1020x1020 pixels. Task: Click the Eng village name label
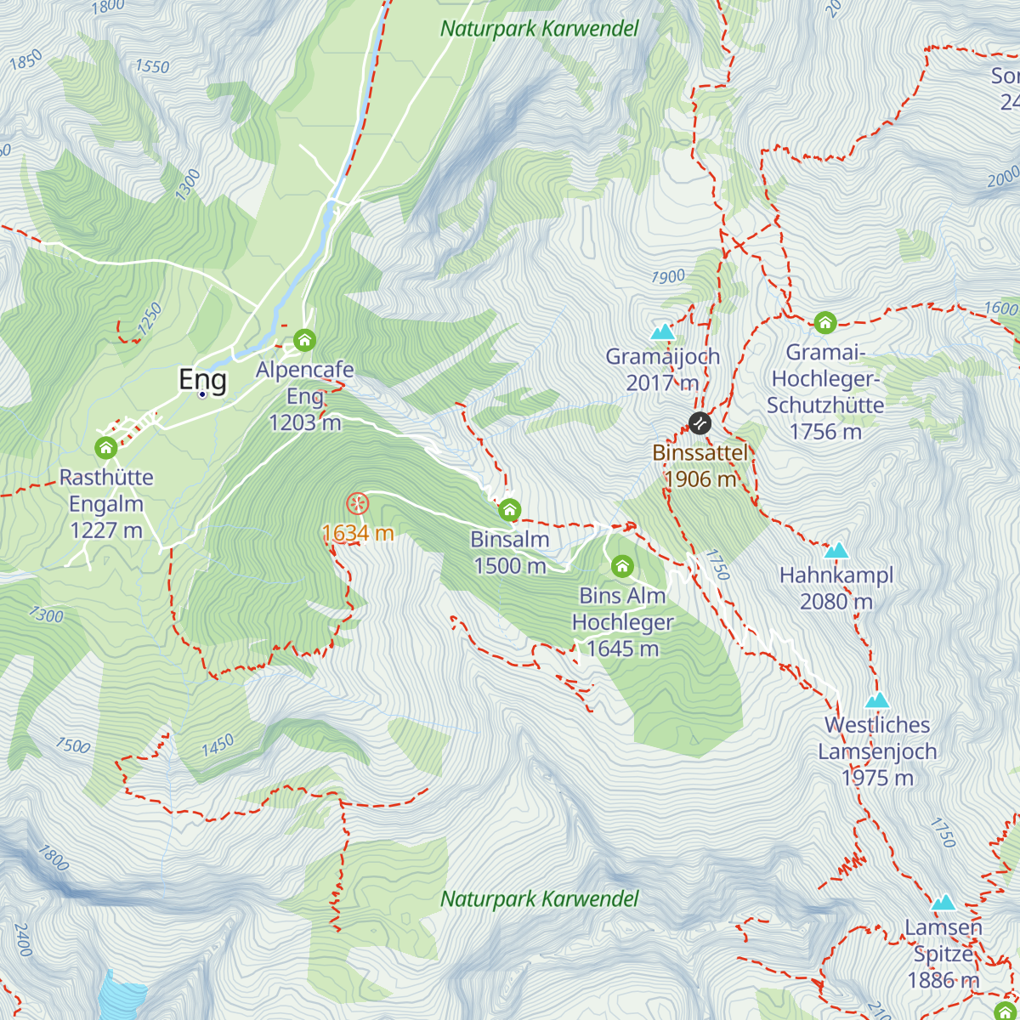[x=202, y=380]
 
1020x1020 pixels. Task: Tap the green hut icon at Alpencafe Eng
[x=304, y=341]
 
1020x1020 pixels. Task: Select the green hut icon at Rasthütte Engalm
[x=105, y=447]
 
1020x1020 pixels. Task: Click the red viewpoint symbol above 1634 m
[x=358, y=503]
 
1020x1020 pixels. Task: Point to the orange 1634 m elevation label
[x=358, y=533]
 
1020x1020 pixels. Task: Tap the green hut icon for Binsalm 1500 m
[x=509, y=510]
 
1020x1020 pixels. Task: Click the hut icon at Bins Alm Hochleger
[x=622, y=566]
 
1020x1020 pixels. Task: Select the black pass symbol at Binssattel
[x=700, y=422]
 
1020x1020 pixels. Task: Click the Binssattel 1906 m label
[x=700, y=466]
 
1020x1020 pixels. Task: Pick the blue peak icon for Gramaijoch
[x=662, y=331]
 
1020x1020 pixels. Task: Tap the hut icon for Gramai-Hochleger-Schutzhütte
[x=824, y=323]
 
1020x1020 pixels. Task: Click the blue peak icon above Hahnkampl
[x=836, y=550]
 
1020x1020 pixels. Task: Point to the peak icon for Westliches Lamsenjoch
[x=877, y=700]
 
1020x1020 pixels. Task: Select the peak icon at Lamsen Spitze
[x=943, y=903]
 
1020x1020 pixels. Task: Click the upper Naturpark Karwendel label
[x=539, y=29]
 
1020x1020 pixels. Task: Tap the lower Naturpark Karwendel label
[x=539, y=899]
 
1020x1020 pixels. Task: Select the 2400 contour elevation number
[x=23, y=940]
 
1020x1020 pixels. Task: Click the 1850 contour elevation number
[x=25, y=61]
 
